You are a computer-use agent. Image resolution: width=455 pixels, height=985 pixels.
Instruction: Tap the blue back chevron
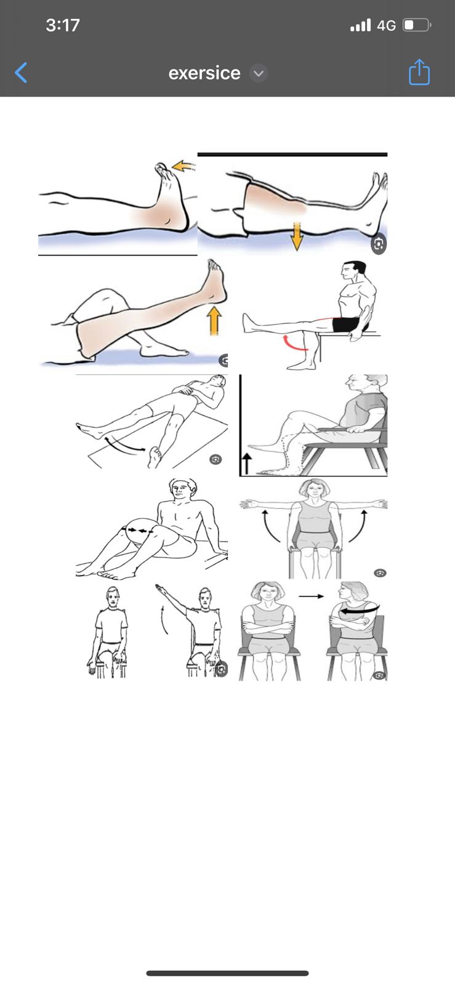pyautogui.click(x=21, y=73)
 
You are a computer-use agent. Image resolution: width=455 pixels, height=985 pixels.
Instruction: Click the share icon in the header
pyautogui.click(x=419, y=71)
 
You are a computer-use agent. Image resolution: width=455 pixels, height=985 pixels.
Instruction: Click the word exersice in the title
pyautogui.click(x=204, y=73)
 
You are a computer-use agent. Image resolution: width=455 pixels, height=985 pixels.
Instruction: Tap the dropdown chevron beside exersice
pyautogui.click(x=259, y=73)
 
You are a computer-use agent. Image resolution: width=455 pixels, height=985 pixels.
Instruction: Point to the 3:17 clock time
pyautogui.click(x=62, y=25)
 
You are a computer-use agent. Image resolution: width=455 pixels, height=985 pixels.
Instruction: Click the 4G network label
pyautogui.click(x=387, y=25)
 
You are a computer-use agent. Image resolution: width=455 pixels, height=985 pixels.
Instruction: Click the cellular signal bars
pyautogui.click(x=360, y=25)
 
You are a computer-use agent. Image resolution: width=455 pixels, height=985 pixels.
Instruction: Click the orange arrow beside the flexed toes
pyautogui.click(x=183, y=166)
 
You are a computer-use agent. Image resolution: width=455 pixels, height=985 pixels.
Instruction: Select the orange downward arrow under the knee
pyautogui.click(x=297, y=236)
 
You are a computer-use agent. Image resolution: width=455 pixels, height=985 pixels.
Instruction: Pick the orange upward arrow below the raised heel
pyautogui.click(x=214, y=321)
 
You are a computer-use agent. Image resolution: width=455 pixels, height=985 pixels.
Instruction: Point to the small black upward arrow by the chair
pyautogui.click(x=247, y=464)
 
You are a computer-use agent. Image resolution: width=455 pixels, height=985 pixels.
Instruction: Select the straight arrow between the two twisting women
pyautogui.click(x=312, y=597)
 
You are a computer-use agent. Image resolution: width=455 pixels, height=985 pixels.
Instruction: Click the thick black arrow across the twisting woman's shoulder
pyautogui.click(x=360, y=609)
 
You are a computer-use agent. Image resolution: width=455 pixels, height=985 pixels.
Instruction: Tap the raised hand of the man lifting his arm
pyautogui.click(x=161, y=587)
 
